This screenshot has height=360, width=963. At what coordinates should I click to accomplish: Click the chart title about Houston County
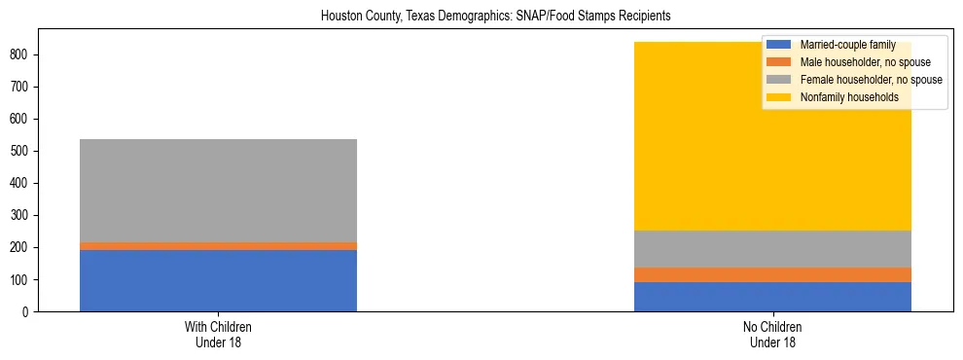[x=481, y=17]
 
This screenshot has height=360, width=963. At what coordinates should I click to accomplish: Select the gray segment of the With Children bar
[x=218, y=191]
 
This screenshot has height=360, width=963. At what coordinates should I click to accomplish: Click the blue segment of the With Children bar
[x=218, y=280]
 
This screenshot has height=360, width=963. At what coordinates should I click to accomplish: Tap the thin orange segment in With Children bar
[x=218, y=246]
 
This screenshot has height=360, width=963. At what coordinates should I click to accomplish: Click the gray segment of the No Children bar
[x=772, y=249]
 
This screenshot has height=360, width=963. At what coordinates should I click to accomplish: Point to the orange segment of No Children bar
[x=772, y=274]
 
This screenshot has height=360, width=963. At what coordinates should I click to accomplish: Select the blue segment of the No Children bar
[x=772, y=297]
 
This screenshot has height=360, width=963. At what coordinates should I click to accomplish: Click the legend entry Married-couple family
[x=847, y=45]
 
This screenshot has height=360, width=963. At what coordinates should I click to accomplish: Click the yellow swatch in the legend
[x=779, y=97]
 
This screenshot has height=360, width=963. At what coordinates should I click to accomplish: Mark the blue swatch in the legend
[x=779, y=45]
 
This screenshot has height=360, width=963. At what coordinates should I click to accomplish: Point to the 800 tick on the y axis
[x=23, y=54]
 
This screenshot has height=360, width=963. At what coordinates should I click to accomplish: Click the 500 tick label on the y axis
[x=23, y=151]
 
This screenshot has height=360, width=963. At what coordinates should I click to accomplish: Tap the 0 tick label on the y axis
[x=29, y=311]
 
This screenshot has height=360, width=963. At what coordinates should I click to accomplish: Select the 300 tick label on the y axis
[x=23, y=215]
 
